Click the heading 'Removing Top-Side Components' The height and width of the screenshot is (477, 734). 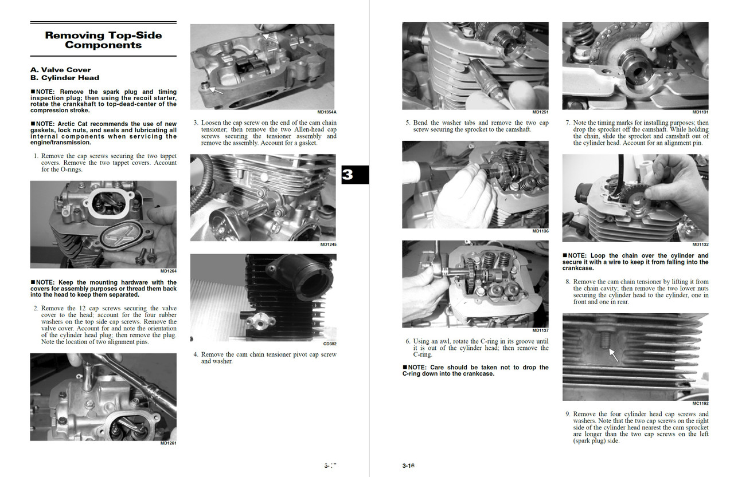(103, 40)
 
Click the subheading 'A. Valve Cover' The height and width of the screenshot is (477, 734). (60, 70)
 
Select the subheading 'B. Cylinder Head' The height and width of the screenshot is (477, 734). (65, 78)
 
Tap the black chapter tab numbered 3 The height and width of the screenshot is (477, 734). (348, 175)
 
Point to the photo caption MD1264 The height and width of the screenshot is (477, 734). (168, 271)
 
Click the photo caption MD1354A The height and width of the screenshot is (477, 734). (326, 112)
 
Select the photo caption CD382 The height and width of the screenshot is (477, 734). (330, 344)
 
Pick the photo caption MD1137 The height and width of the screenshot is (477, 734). (540, 330)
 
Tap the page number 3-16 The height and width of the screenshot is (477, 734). (408, 466)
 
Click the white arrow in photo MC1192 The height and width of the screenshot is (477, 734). (613, 355)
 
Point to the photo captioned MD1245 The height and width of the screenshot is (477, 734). (263, 197)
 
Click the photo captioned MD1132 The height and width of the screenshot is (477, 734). (635, 198)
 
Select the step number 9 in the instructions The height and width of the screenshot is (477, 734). (568, 414)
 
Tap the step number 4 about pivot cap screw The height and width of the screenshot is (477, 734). (196, 354)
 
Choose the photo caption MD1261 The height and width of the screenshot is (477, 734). (168, 443)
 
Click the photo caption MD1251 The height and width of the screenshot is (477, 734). (540, 112)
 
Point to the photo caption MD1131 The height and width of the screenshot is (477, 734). (700, 112)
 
